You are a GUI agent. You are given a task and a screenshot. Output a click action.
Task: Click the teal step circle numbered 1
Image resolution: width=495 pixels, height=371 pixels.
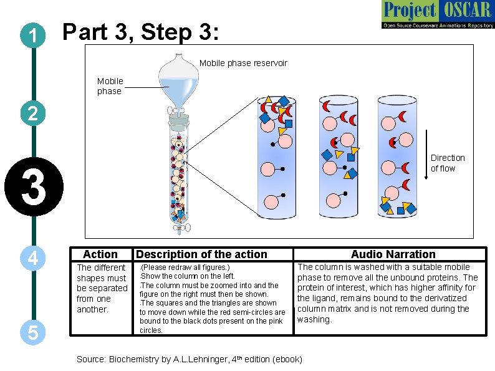coord(31,36)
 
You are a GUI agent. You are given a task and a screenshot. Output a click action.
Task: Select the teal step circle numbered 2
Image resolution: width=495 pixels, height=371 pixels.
coord(31,113)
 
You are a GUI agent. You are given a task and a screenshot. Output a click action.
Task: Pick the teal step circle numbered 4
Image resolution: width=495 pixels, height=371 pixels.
coord(31,258)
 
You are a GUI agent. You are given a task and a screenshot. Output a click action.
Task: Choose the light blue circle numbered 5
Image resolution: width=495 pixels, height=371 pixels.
coord(31,333)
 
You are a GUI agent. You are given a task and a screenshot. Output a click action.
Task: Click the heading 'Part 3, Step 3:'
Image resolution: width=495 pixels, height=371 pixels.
coord(141,32)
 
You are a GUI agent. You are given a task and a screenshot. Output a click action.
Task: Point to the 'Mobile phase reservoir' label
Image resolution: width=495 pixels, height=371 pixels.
coord(243,63)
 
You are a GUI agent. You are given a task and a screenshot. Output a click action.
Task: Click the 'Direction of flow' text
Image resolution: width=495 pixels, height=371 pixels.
coord(448,163)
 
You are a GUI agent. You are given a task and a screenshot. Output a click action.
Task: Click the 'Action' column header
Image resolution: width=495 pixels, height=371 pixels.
coord(100,254)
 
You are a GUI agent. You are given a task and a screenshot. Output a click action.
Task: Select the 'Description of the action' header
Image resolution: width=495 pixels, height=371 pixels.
coord(201,254)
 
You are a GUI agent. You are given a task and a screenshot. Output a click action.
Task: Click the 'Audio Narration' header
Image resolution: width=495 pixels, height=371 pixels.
coord(393,254)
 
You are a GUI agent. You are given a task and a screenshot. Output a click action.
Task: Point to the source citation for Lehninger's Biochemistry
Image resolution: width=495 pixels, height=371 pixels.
coord(189,359)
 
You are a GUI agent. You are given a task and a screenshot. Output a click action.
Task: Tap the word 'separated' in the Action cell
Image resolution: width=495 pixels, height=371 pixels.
coord(102,288)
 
